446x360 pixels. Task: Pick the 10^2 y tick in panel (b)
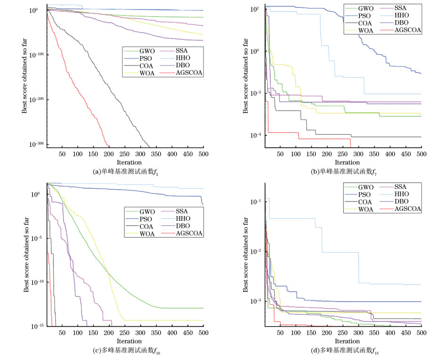pyautogui.click(x=256, y=9)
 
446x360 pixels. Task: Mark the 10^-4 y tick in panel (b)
pyautogui.click(x=255, y=136)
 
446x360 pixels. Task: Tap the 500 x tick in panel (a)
pyautogui.click(x=203, y=154)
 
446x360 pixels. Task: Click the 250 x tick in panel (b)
pyautogui.click(x=343, y=154)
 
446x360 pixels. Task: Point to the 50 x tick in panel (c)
pyautogui.click(x=62, y=333)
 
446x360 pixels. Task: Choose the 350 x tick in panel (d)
pyautogui.click(x=374, y=333)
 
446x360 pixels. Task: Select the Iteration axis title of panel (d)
pyautogui.click(x=343, y=341)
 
